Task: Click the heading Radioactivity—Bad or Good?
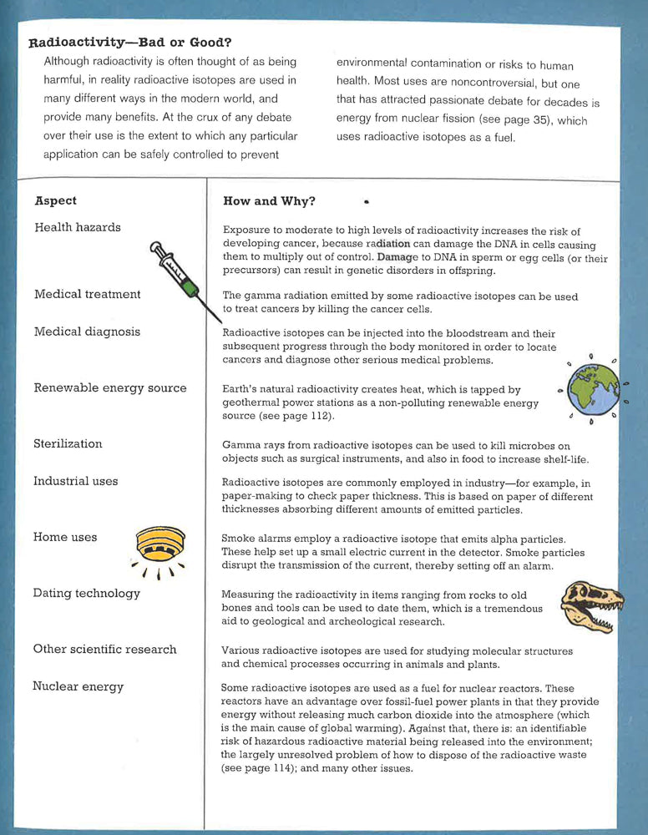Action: click(129, 43)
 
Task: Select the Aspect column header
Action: click(56, 200)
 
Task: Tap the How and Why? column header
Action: click(269, 201)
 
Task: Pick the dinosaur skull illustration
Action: click(589, 605)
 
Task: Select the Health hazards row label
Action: click(77, 227)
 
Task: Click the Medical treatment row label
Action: click(87, 294)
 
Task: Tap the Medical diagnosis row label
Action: click(87, 331)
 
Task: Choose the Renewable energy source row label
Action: click(109, 387)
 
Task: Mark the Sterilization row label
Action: click(68, 443)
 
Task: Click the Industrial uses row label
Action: click(75, 481)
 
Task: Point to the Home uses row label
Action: click(65, 537)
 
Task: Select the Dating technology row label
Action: click(86, 593)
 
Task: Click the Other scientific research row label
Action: click(104, 649)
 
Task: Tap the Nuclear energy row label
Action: click(78, 686)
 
